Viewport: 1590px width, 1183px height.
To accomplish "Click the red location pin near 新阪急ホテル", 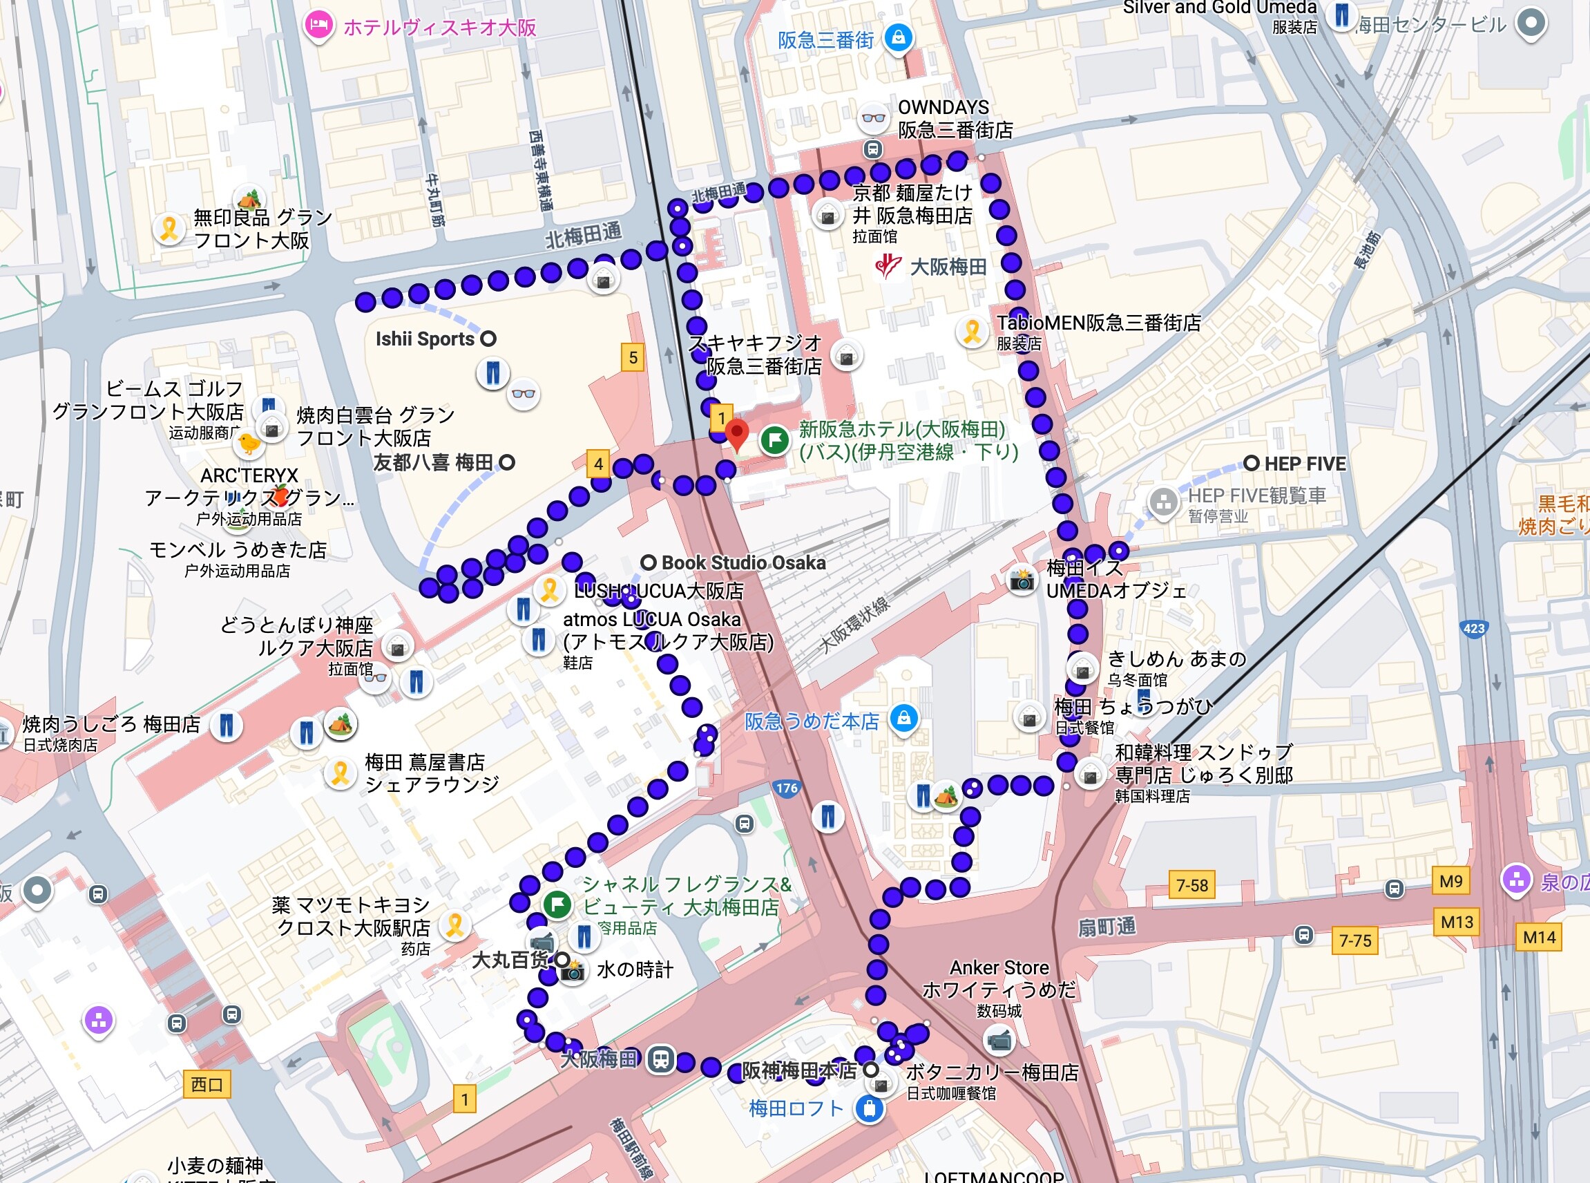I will tap(737, 434).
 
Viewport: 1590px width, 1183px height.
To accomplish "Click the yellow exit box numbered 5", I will tap(632, 357).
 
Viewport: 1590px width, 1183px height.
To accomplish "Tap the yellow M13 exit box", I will tap(1457, 922).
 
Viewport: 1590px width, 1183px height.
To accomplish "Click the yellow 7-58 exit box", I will tap(1192, 885).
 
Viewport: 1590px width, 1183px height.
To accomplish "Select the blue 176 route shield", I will tap(786, 788).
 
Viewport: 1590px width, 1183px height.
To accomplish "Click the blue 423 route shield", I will tap(1473, 629).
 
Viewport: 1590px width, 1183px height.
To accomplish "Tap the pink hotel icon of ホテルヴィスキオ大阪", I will tap(317, 26).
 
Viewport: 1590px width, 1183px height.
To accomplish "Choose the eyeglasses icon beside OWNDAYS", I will tap(872, 118).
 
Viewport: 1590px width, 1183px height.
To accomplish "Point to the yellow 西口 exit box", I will tap(207, 1084).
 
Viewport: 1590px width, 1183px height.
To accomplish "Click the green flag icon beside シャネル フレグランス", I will tap(557, 904).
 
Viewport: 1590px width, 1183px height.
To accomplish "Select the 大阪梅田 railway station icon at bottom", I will tap(660, 1059).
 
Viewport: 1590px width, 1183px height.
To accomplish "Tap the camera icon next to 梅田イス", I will tap(1022, 578).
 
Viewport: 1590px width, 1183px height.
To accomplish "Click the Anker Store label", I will tap(999, 968).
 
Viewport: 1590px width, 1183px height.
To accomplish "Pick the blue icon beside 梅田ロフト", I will tap(869, 1109).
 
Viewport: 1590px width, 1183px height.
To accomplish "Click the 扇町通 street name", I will tap(1107, 927).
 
